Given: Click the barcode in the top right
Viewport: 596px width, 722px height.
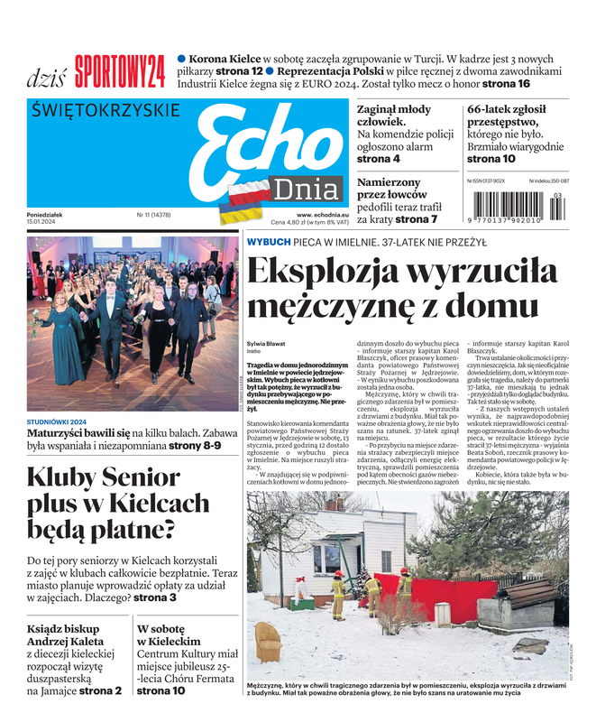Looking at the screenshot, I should pyautogui.click(x=518, y=206).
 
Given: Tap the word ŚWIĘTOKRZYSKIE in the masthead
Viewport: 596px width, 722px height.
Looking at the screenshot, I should pyautogui.click(x=106, y=111).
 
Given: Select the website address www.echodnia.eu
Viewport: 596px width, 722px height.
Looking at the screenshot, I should pyautogui.click(x=323, y=215).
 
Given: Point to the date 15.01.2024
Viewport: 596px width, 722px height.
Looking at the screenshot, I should pyautogui.click(x=46, y=222).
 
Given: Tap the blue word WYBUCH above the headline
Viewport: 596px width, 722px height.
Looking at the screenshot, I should pyautogui.click(x=269, y=242).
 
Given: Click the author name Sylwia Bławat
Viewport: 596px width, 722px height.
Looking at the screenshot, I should pyautogui.click(x=265, y=344).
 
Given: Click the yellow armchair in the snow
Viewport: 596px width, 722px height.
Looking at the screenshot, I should pyautogui.click(x=268, y=642).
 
